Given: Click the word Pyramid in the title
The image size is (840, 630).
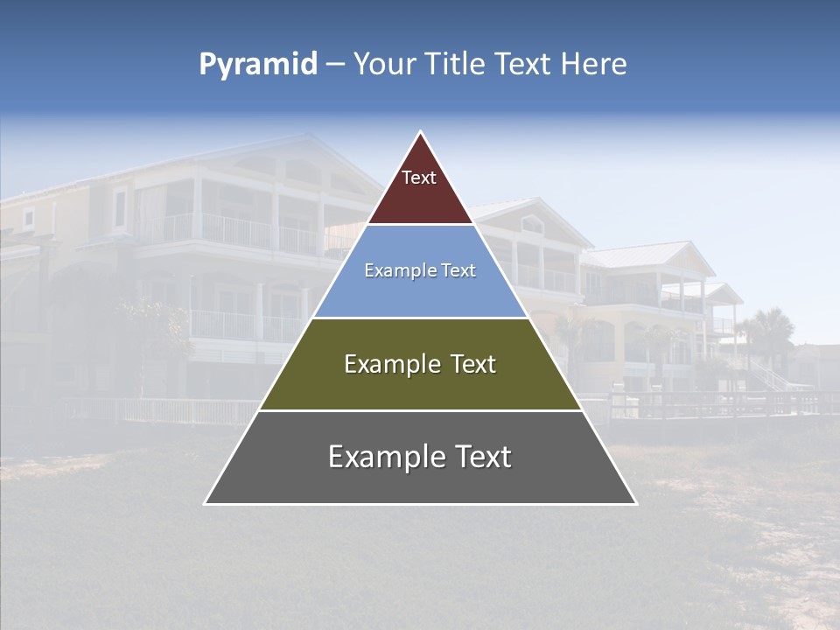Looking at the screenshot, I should coord(257,65).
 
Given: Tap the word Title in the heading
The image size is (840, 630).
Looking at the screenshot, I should coord(454,65).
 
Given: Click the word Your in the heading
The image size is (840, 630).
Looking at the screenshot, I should coord(384,65).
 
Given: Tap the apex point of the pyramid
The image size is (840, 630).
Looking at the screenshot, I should coord(421,132).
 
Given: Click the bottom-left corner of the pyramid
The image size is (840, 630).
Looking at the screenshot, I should coord(206,503).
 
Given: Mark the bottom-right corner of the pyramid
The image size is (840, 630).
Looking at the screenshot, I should coord(636,503).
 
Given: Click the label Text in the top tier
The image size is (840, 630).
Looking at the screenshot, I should coord(419,178).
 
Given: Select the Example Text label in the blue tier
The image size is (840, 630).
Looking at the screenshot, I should coord(420,271).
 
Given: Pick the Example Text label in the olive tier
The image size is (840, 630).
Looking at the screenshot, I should coord(420,364).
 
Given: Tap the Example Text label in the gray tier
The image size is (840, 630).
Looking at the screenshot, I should coord(420,457).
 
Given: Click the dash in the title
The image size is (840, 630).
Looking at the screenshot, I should coord(335,65).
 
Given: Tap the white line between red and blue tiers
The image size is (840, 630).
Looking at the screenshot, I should coord(420,225).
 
